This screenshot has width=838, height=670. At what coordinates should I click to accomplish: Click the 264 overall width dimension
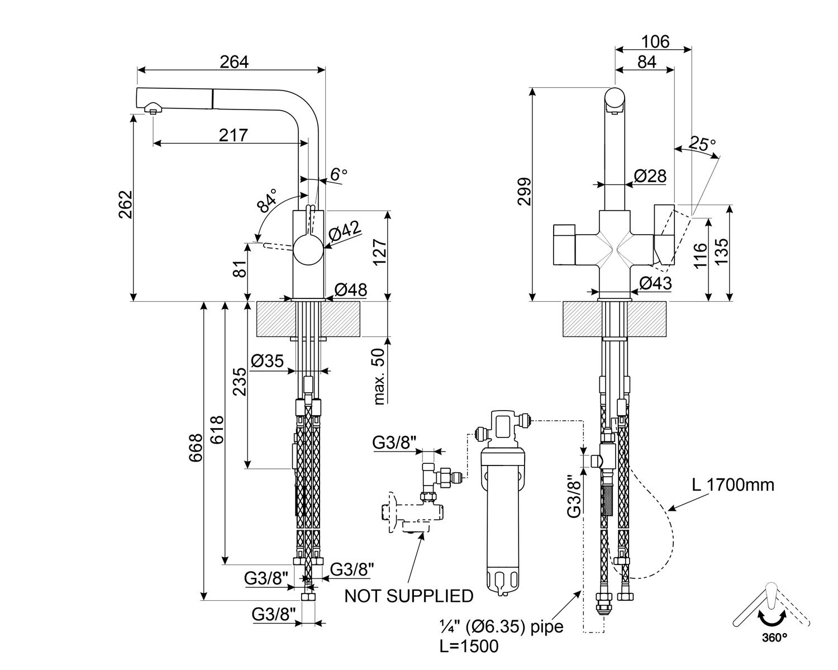click(234, 61)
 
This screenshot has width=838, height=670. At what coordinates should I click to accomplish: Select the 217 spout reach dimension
click(233, 135)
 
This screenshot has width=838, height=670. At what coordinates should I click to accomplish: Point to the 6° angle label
click(338, 174)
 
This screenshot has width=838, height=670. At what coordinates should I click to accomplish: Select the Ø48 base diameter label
click(351, 289)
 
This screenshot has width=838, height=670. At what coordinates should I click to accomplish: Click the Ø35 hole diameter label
click(268, 361)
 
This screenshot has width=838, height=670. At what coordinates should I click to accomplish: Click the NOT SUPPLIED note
click(408, 596)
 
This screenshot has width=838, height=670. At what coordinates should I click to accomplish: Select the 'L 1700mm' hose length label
click(733, 484)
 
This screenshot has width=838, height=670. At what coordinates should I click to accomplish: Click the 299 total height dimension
click(524, 192)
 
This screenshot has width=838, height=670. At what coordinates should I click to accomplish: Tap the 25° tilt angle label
click(702, 144)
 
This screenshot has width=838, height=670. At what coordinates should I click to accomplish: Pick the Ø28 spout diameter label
click(650, 176)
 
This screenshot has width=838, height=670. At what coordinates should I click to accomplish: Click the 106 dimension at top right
click(655, 41)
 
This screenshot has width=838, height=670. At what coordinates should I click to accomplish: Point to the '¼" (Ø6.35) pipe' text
click(501, 626)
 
